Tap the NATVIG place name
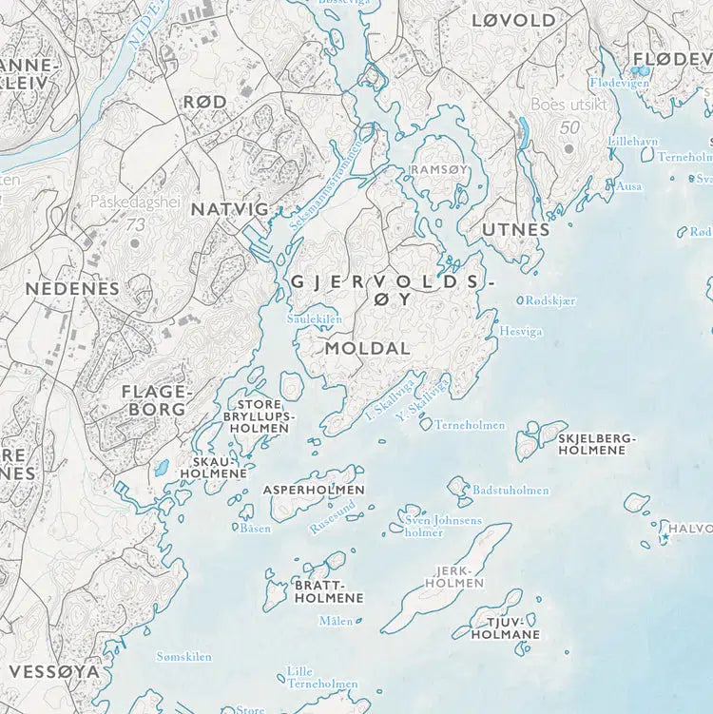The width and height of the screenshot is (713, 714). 224,208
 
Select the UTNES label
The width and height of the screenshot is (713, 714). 516,229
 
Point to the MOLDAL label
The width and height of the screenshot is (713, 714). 367,349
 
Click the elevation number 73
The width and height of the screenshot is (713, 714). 135,225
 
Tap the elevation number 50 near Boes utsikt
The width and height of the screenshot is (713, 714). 569,127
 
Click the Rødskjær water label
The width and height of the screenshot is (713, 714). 550,300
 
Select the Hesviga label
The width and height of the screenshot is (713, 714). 521,332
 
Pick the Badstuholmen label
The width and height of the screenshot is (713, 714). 511,491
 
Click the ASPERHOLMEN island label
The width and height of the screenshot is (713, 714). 313,490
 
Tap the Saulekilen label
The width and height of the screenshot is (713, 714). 315,319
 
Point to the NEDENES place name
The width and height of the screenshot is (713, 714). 72,288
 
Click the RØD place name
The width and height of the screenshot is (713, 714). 204,102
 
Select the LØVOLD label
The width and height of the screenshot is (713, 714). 513,20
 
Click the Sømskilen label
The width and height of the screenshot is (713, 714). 183,656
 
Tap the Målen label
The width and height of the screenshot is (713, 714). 336,621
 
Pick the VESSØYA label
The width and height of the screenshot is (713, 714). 53,671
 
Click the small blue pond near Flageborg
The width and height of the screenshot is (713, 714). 163,468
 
